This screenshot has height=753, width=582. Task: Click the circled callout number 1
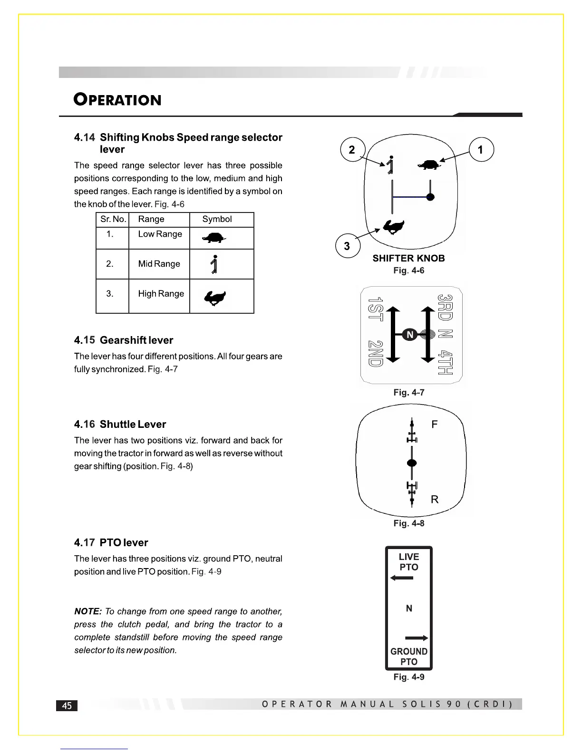pos(481,150)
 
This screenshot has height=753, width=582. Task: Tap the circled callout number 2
pos(352,150)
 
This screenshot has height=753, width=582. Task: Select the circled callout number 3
pos(347,246)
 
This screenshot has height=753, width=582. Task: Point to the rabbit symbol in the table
pos(215,298)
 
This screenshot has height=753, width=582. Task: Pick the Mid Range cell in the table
pos(159,264)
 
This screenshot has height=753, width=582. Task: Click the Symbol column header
pos(217,219)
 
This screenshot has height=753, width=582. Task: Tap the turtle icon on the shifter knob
pos(429,164)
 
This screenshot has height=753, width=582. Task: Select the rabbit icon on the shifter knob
pos(394,227)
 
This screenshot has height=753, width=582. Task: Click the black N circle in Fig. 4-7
pos(410,335)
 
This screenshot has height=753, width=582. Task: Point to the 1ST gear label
pos(376,309)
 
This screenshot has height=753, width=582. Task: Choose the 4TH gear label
pos(445,362)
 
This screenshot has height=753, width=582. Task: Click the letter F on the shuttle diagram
pos(434,425)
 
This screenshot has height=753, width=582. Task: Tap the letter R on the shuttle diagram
pos(434,499)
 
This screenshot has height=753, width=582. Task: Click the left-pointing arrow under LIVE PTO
pos(402,578)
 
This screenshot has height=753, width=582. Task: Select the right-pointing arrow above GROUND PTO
pos(417,638)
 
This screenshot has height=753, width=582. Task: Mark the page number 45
pos(67,705)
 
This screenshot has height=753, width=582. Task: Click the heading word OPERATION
pos(117,100)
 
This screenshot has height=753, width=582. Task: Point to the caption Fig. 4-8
pos(408,523)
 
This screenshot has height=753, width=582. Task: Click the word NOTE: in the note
pos(88,611)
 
